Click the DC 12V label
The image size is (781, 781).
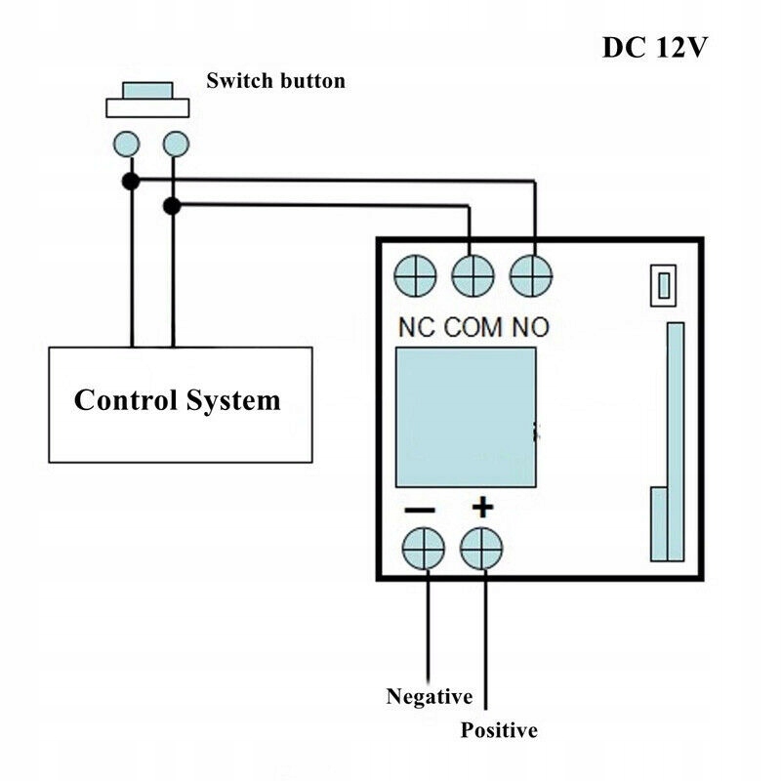653,48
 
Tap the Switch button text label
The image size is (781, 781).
275,81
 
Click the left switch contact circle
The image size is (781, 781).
127,144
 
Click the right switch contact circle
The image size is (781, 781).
174,144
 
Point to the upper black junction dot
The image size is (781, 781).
130,181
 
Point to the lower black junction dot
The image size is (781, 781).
172,206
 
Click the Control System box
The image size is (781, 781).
181,403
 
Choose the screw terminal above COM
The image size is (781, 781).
473,275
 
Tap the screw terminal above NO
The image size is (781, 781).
532,275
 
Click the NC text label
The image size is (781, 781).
417,327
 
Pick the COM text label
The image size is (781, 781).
475,327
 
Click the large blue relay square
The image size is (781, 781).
465,417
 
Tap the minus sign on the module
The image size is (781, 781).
421,509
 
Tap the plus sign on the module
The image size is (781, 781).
483,508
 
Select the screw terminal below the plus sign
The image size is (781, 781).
481,548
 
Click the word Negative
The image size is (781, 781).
430,697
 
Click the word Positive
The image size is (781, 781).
499,730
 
